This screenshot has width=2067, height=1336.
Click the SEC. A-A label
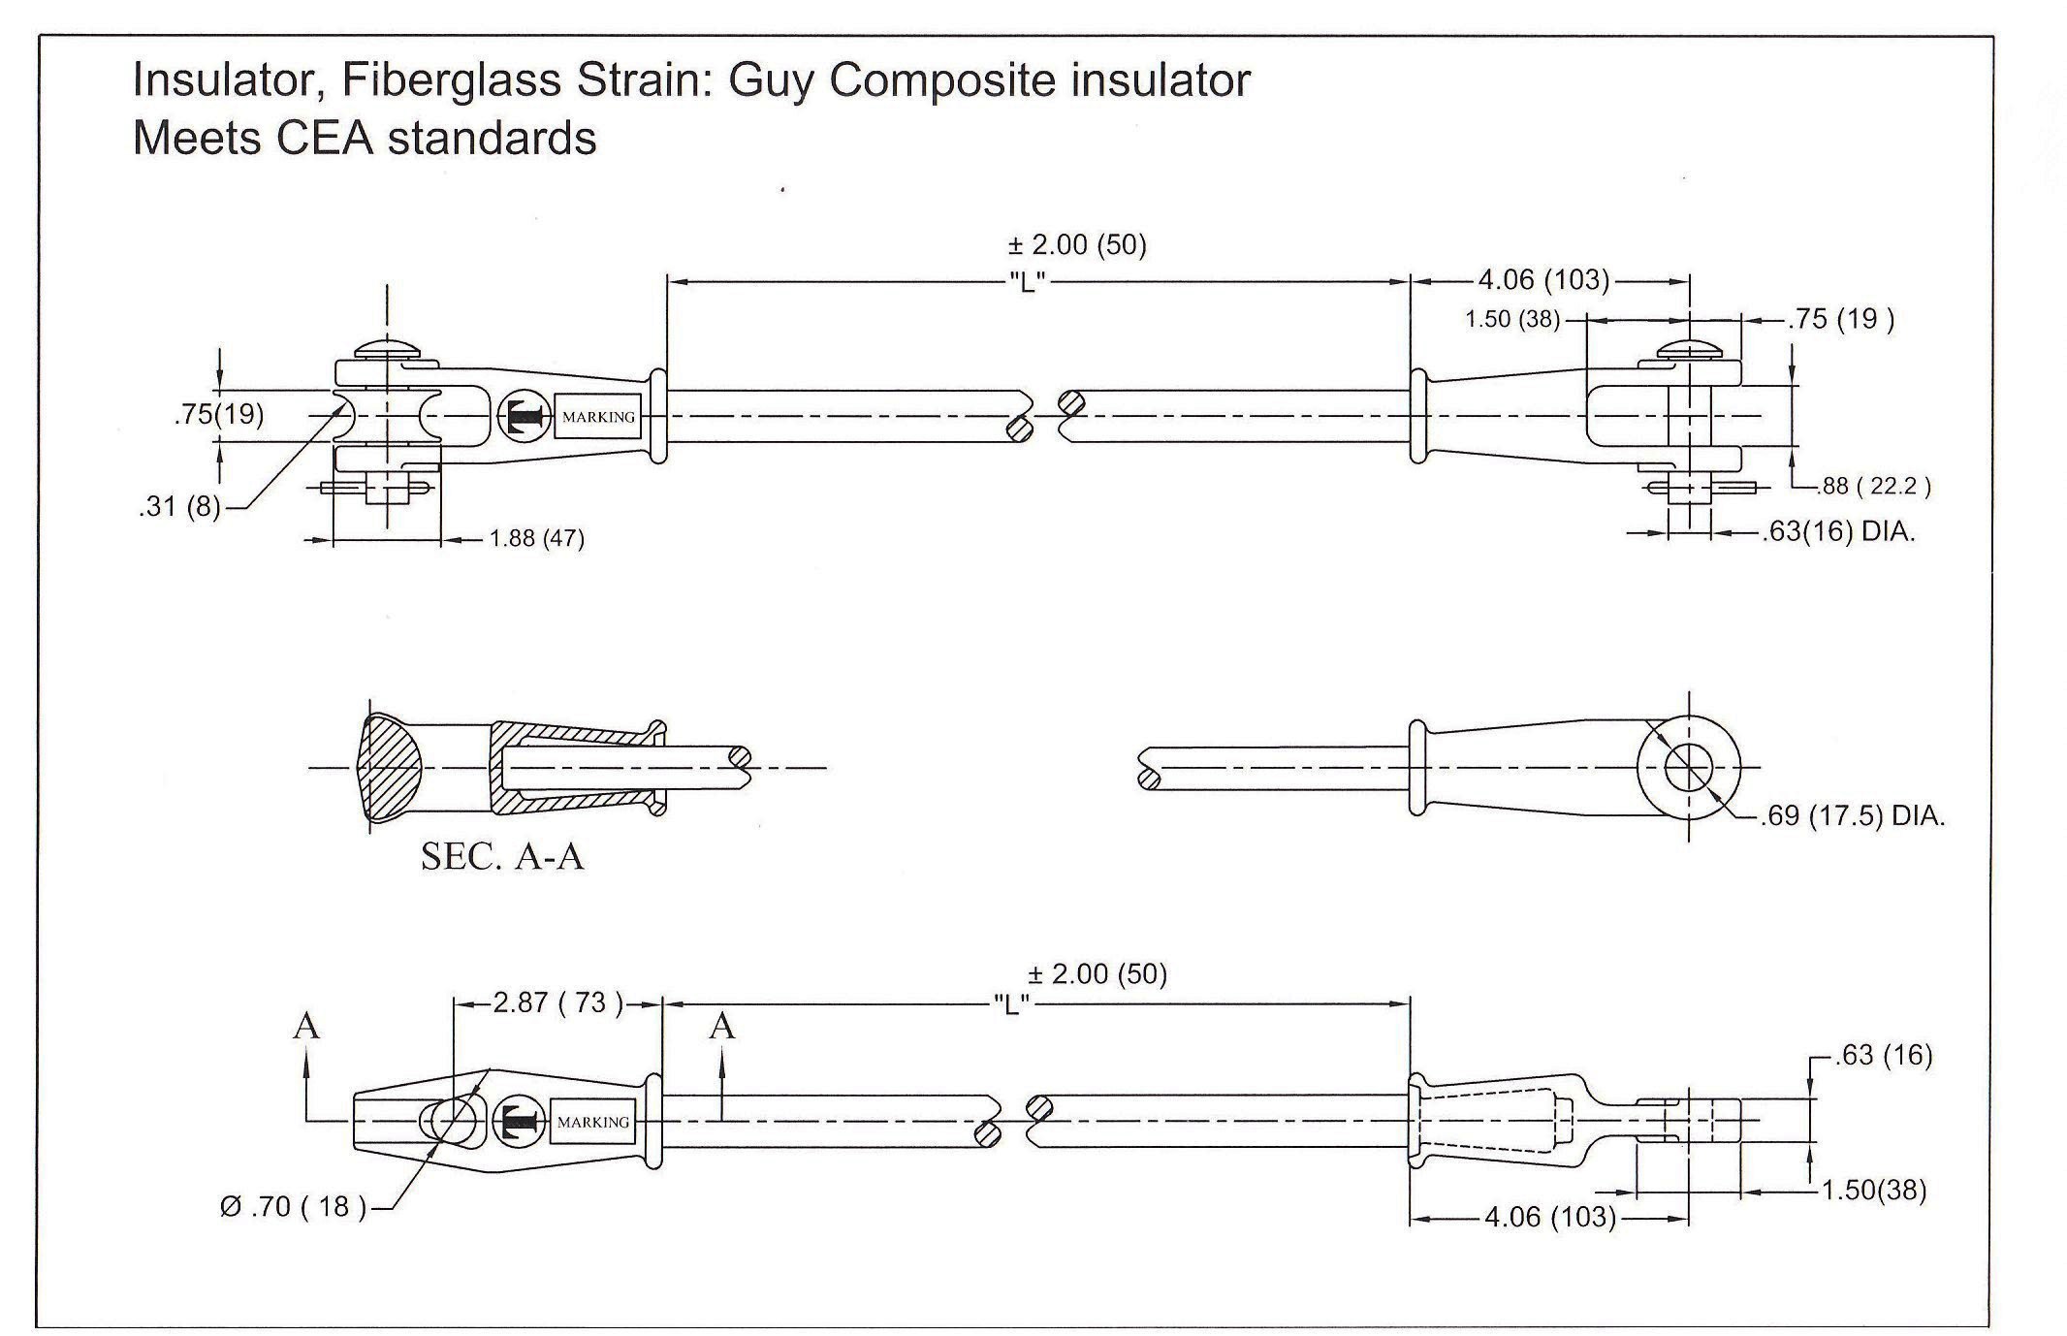[x=502, y=856]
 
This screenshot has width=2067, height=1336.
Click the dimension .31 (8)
[x=180, y=506]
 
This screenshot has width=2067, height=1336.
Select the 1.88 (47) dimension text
[x=537, y=538]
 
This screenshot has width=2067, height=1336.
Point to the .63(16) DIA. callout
[x=1838, y=531]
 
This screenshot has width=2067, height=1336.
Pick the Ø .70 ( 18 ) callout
[x=294, y=1207]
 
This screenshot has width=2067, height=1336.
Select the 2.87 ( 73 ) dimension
[x=557, y=1002]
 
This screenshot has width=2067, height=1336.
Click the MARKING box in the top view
[x=598, y=417]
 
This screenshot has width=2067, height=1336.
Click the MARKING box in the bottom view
[x=593, y=1122]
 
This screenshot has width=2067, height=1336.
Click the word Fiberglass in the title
[x=450, y=80]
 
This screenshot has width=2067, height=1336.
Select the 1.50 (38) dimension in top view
[x=1511, y=319]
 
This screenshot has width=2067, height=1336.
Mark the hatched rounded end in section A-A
[x=393, y=769]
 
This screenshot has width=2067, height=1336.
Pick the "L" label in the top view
[x=1027, y=282]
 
